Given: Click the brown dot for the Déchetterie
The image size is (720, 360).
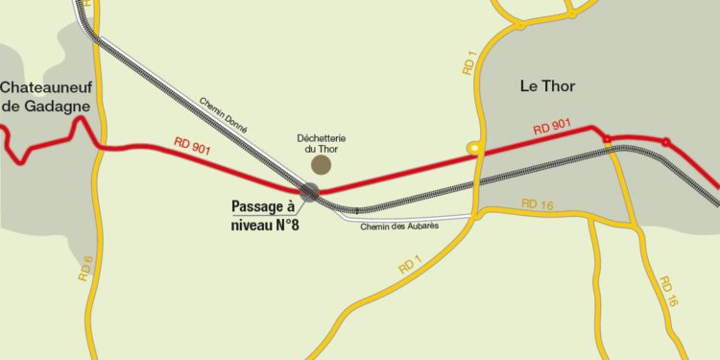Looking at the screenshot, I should click(x=321, y=165).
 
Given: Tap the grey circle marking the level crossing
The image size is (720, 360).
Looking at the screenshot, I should click(x=309, y=192).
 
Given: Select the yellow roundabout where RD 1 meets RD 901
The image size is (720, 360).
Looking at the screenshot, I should click(x=474, y=148).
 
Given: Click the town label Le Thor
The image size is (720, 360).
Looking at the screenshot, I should click(x=547, y=86).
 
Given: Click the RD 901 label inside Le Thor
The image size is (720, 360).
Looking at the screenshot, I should click(x=553, y=130).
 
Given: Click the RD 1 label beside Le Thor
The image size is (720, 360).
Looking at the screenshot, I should click(x=468, y=60).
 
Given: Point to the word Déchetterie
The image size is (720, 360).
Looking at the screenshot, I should click(x=321, y=137).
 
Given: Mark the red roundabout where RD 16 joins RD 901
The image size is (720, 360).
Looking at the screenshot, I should click(x=607, y=141).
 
